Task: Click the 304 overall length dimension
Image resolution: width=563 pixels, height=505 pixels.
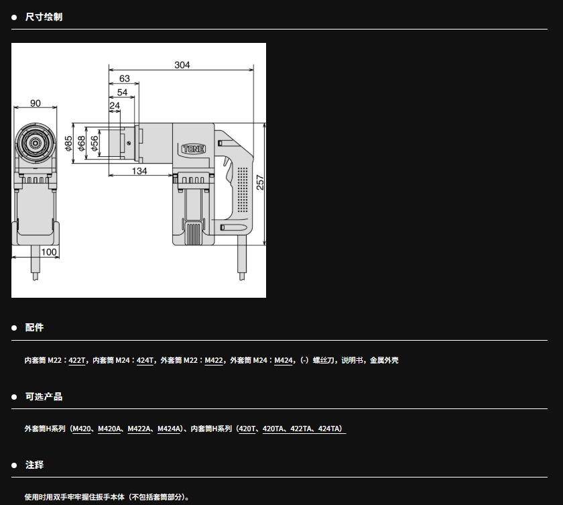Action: (x=182, y=65)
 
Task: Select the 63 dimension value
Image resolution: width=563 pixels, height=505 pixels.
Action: (x=124, y=78)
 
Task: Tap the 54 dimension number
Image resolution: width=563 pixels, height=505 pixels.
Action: (x=123, y=93)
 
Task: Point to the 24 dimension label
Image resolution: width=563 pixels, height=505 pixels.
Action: (x=115, y=105)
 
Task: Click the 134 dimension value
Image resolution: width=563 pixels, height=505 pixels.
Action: (x=139, y=171)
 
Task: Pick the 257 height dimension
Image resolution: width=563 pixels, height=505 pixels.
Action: (x=260, y=182)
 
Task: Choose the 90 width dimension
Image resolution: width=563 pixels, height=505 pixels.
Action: (x=35, y=103)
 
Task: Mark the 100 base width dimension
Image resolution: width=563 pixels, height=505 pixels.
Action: (x=49, y=252)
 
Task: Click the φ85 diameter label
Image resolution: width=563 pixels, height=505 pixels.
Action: (x=68, y=144)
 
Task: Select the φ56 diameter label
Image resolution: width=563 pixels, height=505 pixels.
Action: (x=95, y=144)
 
